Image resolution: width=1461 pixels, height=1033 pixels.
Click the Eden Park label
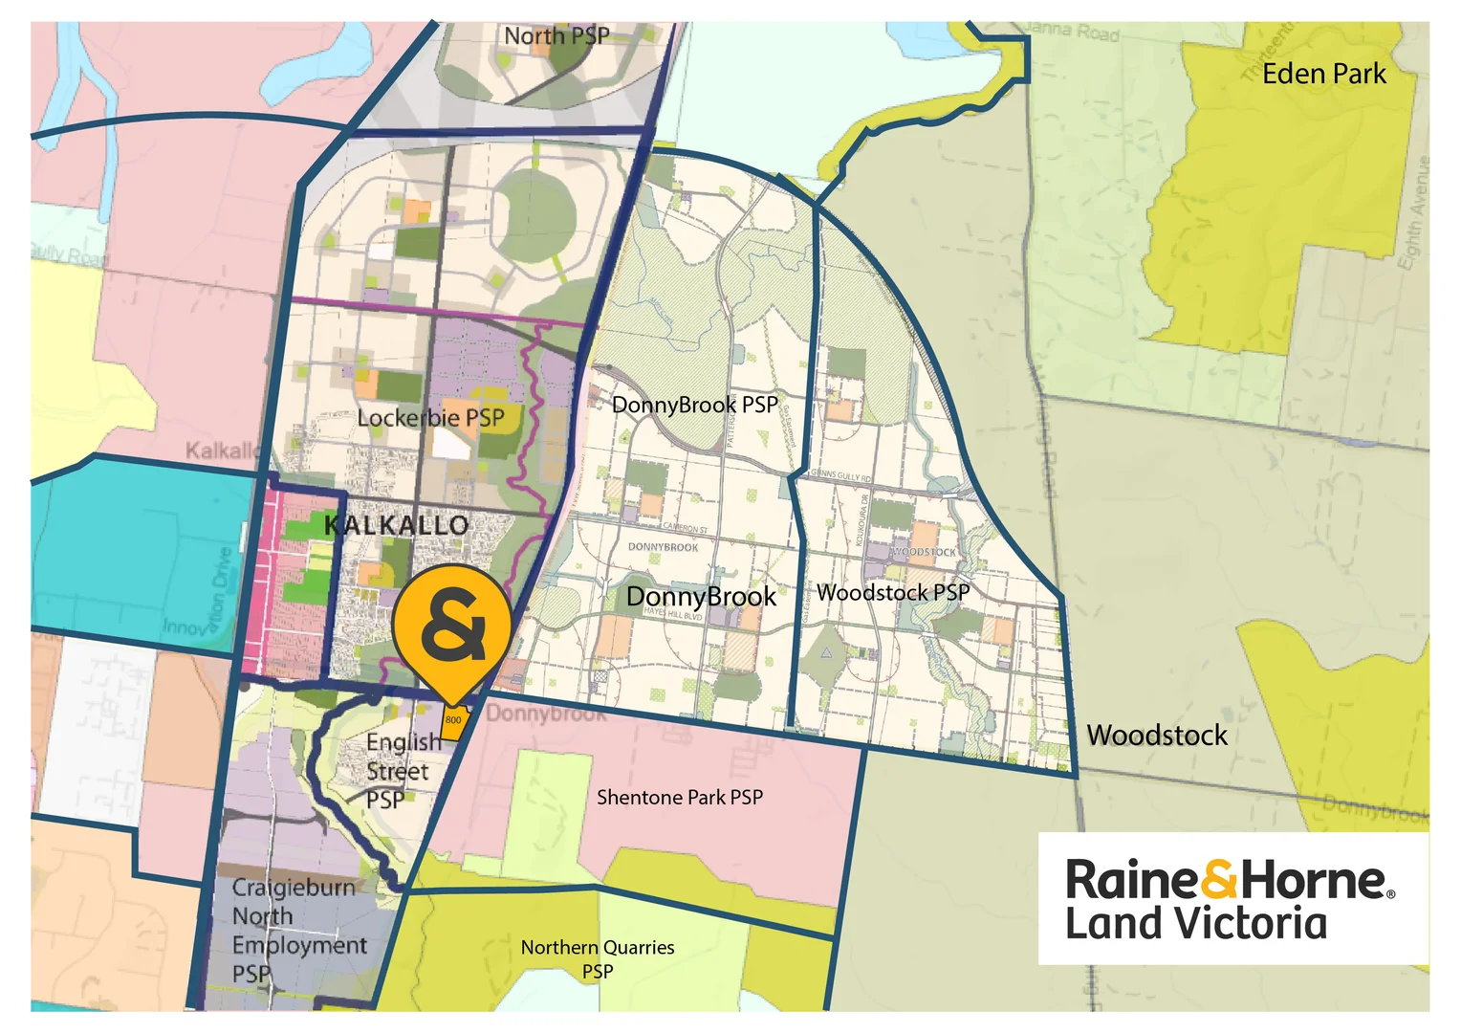(x=1323, y=74)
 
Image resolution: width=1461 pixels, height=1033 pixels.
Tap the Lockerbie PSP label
(x=430, y=418)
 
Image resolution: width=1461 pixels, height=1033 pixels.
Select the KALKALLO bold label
(x=397, y=525)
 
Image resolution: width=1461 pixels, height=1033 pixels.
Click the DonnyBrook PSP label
(x=695, y=405)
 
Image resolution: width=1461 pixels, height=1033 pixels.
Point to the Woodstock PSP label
(x=893, y=593)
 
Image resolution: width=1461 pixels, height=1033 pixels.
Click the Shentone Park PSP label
(x=680, y=798)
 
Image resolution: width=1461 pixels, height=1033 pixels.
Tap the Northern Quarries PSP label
(x=598, y=959)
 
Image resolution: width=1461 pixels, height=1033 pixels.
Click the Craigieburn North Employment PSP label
(x=296, y=930)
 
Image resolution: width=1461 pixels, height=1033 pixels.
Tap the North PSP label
(x=556, y=36)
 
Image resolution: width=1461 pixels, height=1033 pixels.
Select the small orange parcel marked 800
(x=455, y=722)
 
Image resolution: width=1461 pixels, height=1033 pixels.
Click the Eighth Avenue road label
(x=1415, y=212)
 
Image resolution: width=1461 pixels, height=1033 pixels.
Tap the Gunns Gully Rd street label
(x=841, y=475)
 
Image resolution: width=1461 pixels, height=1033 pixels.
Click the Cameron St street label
(x=686, y=528)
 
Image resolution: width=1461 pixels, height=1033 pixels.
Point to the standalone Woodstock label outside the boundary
(x=1157, y=736)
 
